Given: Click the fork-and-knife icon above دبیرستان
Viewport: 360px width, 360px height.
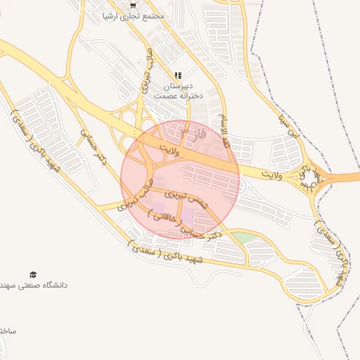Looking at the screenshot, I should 178,75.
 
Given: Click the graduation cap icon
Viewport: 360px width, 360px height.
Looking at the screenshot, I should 33,274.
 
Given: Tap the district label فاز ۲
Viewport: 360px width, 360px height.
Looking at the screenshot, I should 194,131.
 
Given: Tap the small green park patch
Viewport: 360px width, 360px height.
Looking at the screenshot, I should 243,238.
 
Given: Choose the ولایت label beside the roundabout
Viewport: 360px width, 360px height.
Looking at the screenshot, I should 271,172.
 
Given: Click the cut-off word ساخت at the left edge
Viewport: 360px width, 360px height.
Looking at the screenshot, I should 7,330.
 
